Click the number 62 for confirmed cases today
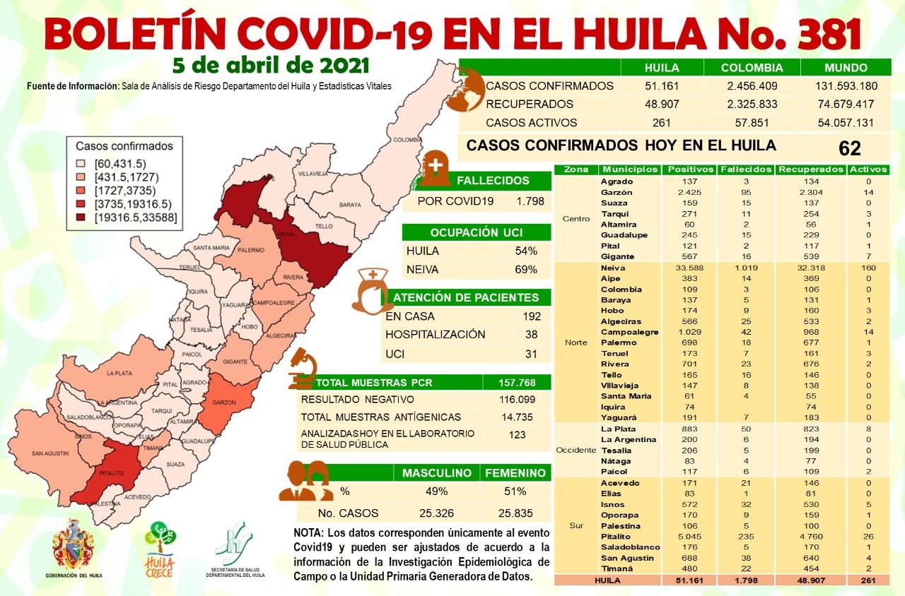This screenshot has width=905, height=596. point(850,148)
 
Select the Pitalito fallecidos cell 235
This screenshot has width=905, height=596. point(745,536)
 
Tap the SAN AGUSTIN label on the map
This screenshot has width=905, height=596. point(49,453)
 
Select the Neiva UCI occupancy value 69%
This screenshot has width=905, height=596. point(526,269)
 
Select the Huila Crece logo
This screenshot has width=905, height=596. point(160,547)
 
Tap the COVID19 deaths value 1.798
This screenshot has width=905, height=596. point(530,201)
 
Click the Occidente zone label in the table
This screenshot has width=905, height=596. point(576,450)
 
